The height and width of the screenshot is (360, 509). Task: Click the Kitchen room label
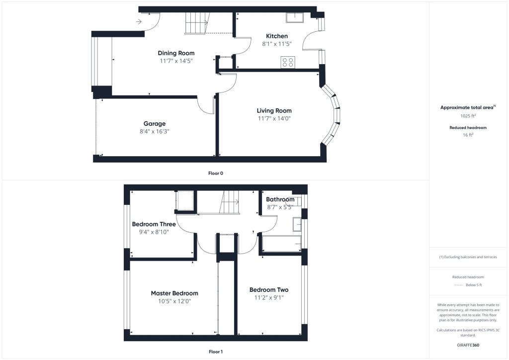coord(277,36)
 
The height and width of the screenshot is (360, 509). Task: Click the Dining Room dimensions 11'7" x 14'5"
coord(176,61)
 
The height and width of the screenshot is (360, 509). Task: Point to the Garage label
coord(155,124)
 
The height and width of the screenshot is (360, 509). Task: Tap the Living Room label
coord(274,111)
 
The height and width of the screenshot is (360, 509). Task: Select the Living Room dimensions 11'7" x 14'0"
coord(274,119)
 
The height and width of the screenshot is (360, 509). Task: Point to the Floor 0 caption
coord(216,174)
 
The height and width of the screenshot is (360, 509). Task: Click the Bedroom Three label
coord(154,224)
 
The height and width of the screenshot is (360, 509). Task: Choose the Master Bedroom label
coord(174,293)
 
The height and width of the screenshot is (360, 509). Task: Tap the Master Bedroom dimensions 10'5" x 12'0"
coord(174,301)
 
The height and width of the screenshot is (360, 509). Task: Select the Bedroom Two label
coord(269,290)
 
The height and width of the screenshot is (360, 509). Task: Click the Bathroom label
coord(280,200)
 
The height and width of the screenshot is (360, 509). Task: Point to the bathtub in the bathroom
coord(281,244)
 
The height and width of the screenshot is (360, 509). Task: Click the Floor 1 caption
coord(216,352)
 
